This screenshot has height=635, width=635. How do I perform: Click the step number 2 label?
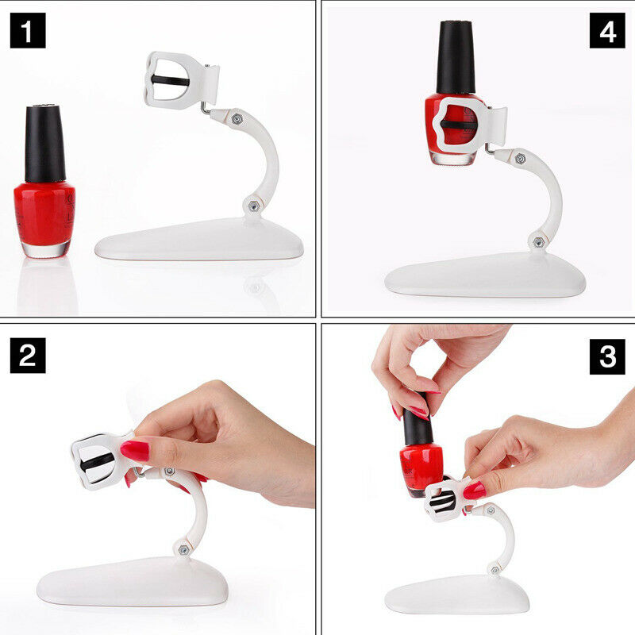click(x=28, y=355)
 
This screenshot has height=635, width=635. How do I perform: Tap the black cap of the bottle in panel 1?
click(x=44, y=143)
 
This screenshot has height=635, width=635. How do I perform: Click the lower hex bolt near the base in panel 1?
click(x=253, y=205)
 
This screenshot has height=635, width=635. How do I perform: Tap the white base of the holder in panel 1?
click(x=198, y=241)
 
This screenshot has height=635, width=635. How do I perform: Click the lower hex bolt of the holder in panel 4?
click(x=538, y=239)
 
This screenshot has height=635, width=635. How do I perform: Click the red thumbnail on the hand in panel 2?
click(x=136, y=451)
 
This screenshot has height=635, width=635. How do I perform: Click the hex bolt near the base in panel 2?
click(x=182, y=548)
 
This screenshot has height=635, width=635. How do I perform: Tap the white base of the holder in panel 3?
click(x=456, y=595)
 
